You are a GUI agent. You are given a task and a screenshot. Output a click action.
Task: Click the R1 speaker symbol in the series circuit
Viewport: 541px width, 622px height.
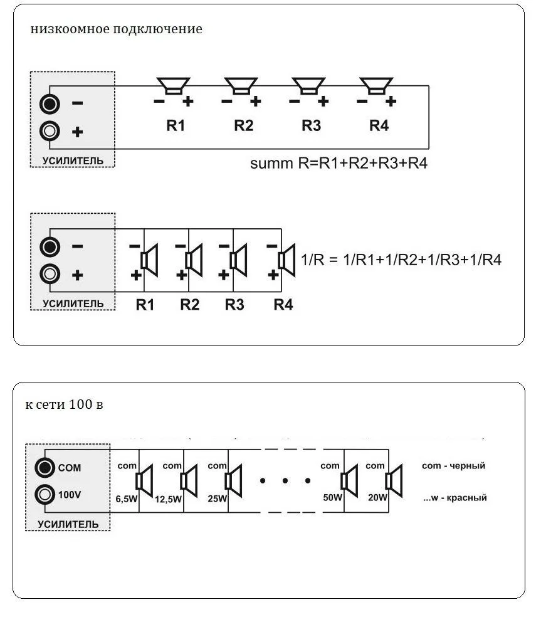pyautogui.click(x=173, y=86)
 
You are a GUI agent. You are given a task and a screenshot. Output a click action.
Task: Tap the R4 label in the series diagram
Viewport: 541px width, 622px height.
pyautogui.click(x=379, y=125)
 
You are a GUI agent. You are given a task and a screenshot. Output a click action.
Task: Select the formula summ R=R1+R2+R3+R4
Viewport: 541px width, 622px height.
pyautogui.click(x=339, y=163)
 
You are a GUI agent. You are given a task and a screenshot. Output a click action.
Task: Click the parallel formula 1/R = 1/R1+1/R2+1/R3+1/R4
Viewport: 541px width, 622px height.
pyautogui.click(x=401, y=260)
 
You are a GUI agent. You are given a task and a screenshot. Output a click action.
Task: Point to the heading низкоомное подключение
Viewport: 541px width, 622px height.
pyautogui.click(x=116, y=29)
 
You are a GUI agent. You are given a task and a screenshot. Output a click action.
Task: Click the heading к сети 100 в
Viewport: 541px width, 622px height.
pyautogui.click(x=64, y=404)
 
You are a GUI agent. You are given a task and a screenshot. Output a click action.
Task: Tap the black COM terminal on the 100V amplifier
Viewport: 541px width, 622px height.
pyautogui.click(x=45, y=467)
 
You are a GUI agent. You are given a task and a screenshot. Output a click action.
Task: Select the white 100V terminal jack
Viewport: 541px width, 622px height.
pyautogui.click(x=45, y=495)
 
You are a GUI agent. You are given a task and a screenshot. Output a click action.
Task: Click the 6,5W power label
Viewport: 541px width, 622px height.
pyautogui.click(x=127, y=498)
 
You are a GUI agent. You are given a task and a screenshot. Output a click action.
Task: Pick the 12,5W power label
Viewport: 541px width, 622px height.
pyautogui.click(x=168, y=498)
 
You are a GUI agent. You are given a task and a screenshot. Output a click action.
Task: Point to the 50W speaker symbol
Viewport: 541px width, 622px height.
pyautogui.click(x=349, y=481)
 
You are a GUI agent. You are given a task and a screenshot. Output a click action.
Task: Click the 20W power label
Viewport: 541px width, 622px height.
pyautogui.click(x=377, y=497)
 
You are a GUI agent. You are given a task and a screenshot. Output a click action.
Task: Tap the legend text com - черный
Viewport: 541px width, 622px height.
pyautogui.click(x=454, y=466)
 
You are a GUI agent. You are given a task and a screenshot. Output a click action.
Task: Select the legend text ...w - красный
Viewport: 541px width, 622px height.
pyautogui.click(x=455, y=497)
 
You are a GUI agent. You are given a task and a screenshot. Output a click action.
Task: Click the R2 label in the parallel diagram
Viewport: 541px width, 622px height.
pyautogui.click(x=189, y=305)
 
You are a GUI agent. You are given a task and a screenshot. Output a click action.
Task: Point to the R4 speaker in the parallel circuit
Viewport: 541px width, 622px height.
pyautogui.click(x=286, y=260)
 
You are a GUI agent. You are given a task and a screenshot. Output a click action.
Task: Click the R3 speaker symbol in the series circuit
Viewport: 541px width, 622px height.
pyautogui.click(x=309, y=86)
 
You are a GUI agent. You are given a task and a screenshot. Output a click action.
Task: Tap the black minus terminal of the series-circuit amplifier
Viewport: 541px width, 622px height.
pyautogui.click(x=50, y=104)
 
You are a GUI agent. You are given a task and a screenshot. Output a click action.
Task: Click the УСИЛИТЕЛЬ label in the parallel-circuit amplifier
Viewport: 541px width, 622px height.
pyautogui.click(x=73, y=304)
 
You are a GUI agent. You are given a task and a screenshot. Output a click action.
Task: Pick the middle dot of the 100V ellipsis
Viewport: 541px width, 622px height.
pyautogui.click(x=285, y=481)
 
